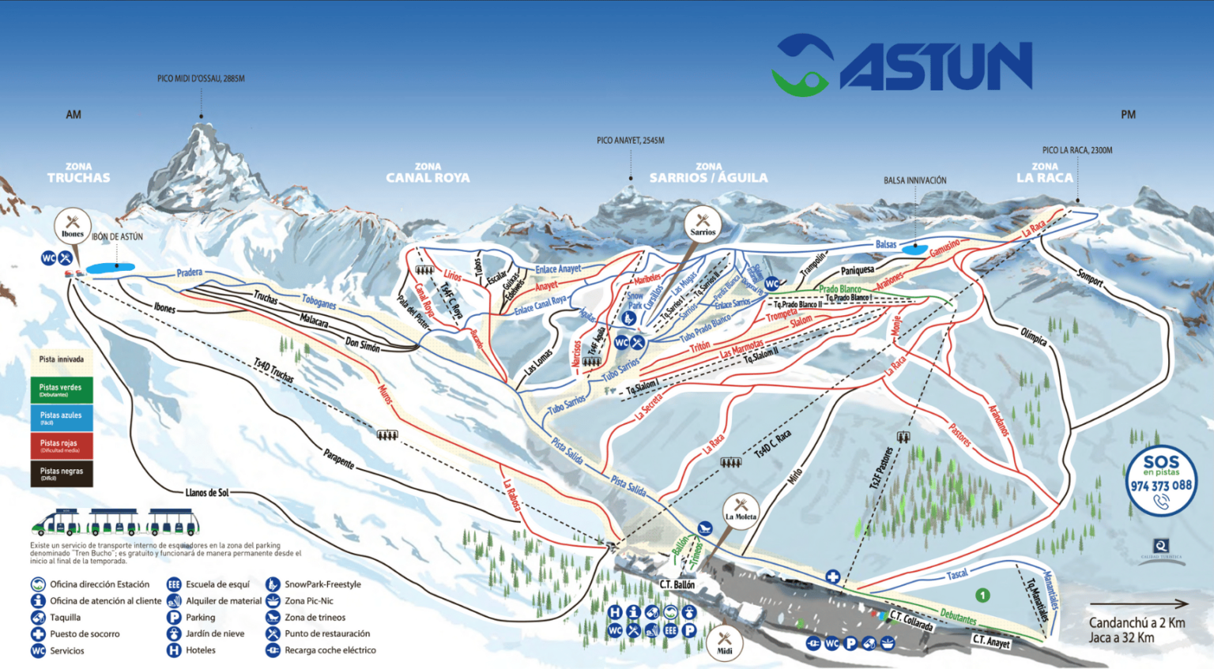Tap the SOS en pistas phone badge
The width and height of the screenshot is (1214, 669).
[x=1160, y=481]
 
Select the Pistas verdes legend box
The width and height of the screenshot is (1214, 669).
[x=62, y=389]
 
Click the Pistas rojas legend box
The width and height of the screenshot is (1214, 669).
[x=62, y=445]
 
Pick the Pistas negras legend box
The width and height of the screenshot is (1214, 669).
[x=62, y=473]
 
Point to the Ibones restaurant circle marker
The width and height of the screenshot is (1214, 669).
[x=73, y=227]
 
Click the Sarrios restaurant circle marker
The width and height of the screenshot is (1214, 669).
[x=703, y=225]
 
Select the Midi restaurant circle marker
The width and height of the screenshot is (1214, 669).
[x=724, y=644]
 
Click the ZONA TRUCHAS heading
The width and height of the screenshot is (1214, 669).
[x=78, y=173]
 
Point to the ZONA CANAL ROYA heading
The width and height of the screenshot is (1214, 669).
[x=428, y=173]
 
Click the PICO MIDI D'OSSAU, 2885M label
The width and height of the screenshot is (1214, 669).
[x=201, y=79]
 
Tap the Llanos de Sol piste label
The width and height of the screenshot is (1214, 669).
[x=207, y=493]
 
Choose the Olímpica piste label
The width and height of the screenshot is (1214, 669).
[x=1033, y=336]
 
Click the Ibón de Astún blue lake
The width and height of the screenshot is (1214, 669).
[x=110, y=269]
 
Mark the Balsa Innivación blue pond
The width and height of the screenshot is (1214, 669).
[x=915, y=249]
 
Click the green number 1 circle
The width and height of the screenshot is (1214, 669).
[x=982, y=596]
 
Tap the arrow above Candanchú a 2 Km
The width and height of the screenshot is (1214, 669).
[x=1138, y=604]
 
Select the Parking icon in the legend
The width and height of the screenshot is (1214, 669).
[x=174, y=618]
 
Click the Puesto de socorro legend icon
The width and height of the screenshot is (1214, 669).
[x=38, y=634]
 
